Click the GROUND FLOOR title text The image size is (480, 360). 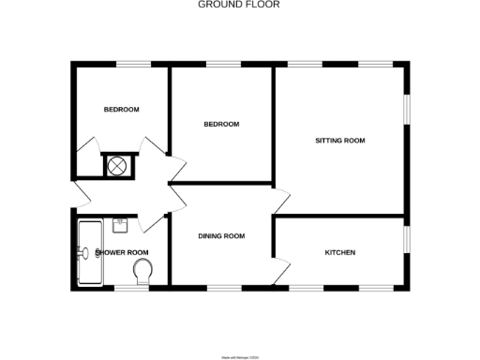pyautogui.click(x=238, y=5)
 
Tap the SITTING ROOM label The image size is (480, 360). pyautogui.click(x=339, y=141)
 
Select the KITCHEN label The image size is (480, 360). pyautogui.click(x=339, y=252)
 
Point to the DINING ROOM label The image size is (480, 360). pyautogui.click(x=221, y=236)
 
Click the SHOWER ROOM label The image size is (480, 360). pyautogui.click(x=124, y=252)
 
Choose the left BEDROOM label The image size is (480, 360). pyautogui.click(x=121, y=110)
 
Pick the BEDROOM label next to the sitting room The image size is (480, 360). pyautogui.click(x=221, y=125)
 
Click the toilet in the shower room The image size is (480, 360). pyautogui.click(x=143, y=272)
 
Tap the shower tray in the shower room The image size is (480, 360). pyautogui.click(x=90, y=252)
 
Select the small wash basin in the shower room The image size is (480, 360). pyautogui.click(x=119, y=224)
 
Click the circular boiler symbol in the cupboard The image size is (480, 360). pyautogui.click(x=118, y=166)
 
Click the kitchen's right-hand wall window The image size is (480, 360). pyautogui.click(x=406, y=239)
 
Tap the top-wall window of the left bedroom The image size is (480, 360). pyautogui.click(x=135, y=64)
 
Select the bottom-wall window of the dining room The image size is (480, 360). pyautogui.click(x=221, y=287)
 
